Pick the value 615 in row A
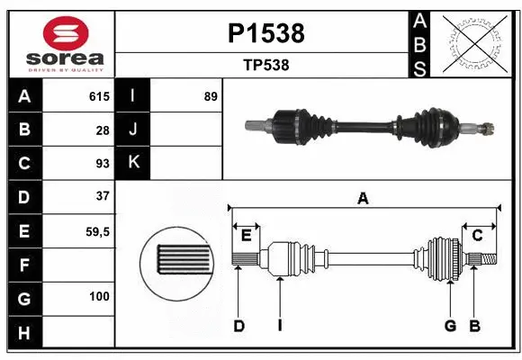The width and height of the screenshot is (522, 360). point(98,96)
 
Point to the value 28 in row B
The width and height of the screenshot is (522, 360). point(102,130)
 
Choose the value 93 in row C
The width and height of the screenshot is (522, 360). point(102,163)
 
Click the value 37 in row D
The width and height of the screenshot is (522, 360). point(102,196)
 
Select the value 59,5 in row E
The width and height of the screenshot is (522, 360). point(96,230)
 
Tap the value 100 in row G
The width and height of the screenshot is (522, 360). point(99,296)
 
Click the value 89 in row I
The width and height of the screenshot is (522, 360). point(211,96)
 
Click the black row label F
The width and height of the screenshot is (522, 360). point(24,264)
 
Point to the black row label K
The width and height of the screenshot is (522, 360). point(133,163)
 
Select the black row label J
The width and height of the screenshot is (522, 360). point(133,130)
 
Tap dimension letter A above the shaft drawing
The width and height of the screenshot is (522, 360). point(364,199)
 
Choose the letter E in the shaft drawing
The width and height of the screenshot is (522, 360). point(246,236)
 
